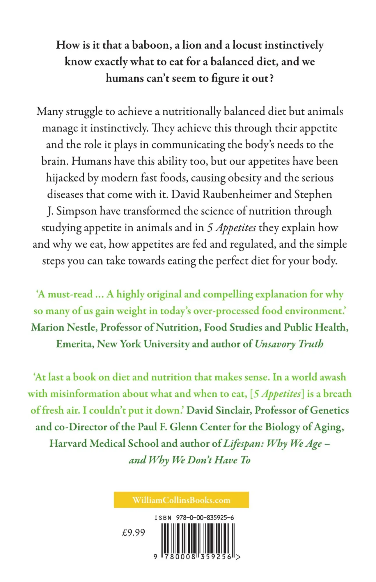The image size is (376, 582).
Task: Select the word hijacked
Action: point(65,178)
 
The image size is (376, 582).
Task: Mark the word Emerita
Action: point(75,344)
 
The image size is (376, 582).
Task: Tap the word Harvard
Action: point(68,443)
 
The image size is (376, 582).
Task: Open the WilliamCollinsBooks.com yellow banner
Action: point(181,500)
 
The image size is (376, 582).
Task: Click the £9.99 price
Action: point(133,533)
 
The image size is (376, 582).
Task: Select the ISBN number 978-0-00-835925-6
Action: point(205,518)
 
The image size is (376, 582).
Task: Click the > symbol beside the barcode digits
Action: point(238,557)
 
